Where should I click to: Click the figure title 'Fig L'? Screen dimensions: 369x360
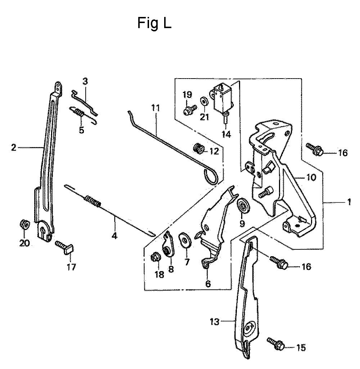coord(154,23)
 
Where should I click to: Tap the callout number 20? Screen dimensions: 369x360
coord(24,243)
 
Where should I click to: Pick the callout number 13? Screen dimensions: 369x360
coord(214,322)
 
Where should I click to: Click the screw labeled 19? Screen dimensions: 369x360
coord(189,109)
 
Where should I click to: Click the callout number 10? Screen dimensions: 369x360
coord(311,177)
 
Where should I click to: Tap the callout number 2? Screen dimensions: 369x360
coord(14,147)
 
